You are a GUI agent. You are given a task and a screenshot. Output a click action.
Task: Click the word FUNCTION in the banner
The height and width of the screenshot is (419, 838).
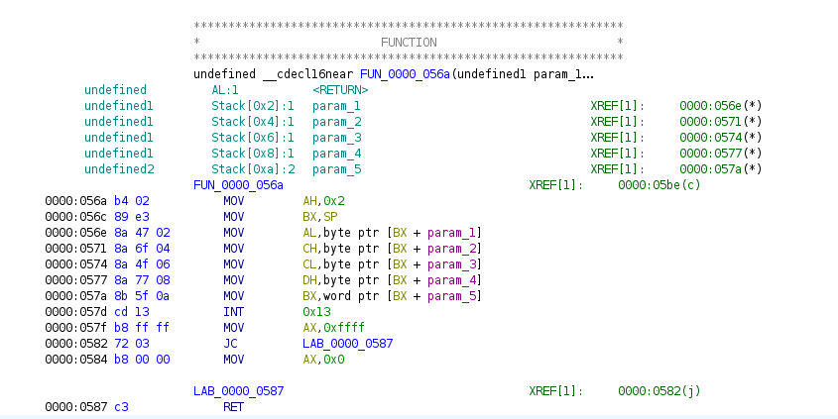(x=409, y=43)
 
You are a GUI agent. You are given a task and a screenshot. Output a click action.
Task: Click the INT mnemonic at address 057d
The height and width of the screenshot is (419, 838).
(x=233, y=312)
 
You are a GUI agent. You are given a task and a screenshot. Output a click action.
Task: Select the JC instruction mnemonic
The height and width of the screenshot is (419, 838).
(x=230, y=343)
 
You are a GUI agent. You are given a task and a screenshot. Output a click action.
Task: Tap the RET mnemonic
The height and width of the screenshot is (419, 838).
(x=233, y=407)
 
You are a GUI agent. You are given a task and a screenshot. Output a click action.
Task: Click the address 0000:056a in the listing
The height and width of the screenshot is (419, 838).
(x=75, y=201)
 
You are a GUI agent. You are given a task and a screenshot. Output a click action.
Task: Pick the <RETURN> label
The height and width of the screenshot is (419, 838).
(x=340, y=90)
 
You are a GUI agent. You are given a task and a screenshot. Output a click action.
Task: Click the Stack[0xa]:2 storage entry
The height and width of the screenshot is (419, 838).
(x=253, y=169)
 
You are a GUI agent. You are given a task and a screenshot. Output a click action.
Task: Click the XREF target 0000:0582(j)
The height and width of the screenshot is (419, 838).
(x=659, y=391)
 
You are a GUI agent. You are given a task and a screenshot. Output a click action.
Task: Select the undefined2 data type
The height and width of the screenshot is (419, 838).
(x=119, y=169)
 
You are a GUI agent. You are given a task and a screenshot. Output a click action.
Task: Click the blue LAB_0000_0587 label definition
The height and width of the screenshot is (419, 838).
(x=238, y=391)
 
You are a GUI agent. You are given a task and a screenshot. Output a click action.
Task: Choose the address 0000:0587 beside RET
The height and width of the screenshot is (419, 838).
(x=75, y=407)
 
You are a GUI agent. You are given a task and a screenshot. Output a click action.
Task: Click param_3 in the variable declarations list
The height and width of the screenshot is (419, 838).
(x=336, y=138)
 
